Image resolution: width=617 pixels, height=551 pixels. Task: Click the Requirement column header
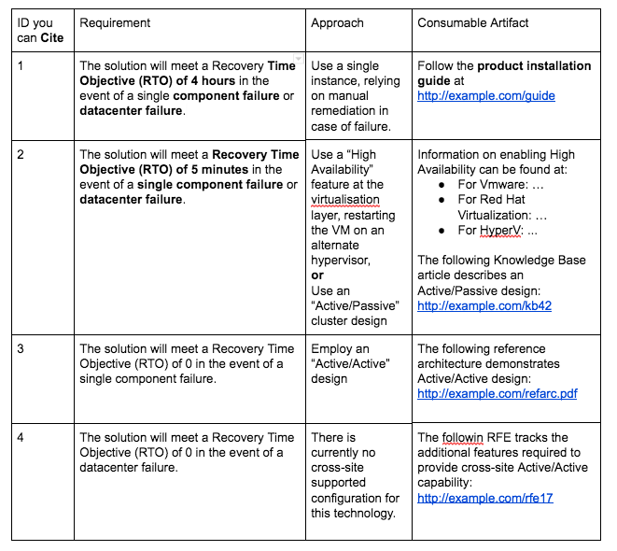pyautogui.click(x=115, y=22)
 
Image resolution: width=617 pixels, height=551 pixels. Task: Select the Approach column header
pyautogui.click(x=337, y=22)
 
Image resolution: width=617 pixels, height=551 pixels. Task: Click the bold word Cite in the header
pyautogui.click(x=51, y=39)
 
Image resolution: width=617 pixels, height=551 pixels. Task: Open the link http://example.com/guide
pyautogui.click(x=486, y=95)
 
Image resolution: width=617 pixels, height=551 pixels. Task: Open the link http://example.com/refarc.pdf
pyautogui.click(x=497, y=393)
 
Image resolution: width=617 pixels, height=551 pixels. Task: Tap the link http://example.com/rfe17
pyautogui.click(x=484, y=498)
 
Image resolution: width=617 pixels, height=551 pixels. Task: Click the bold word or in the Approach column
pyautogui.click(x=317, y=275)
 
